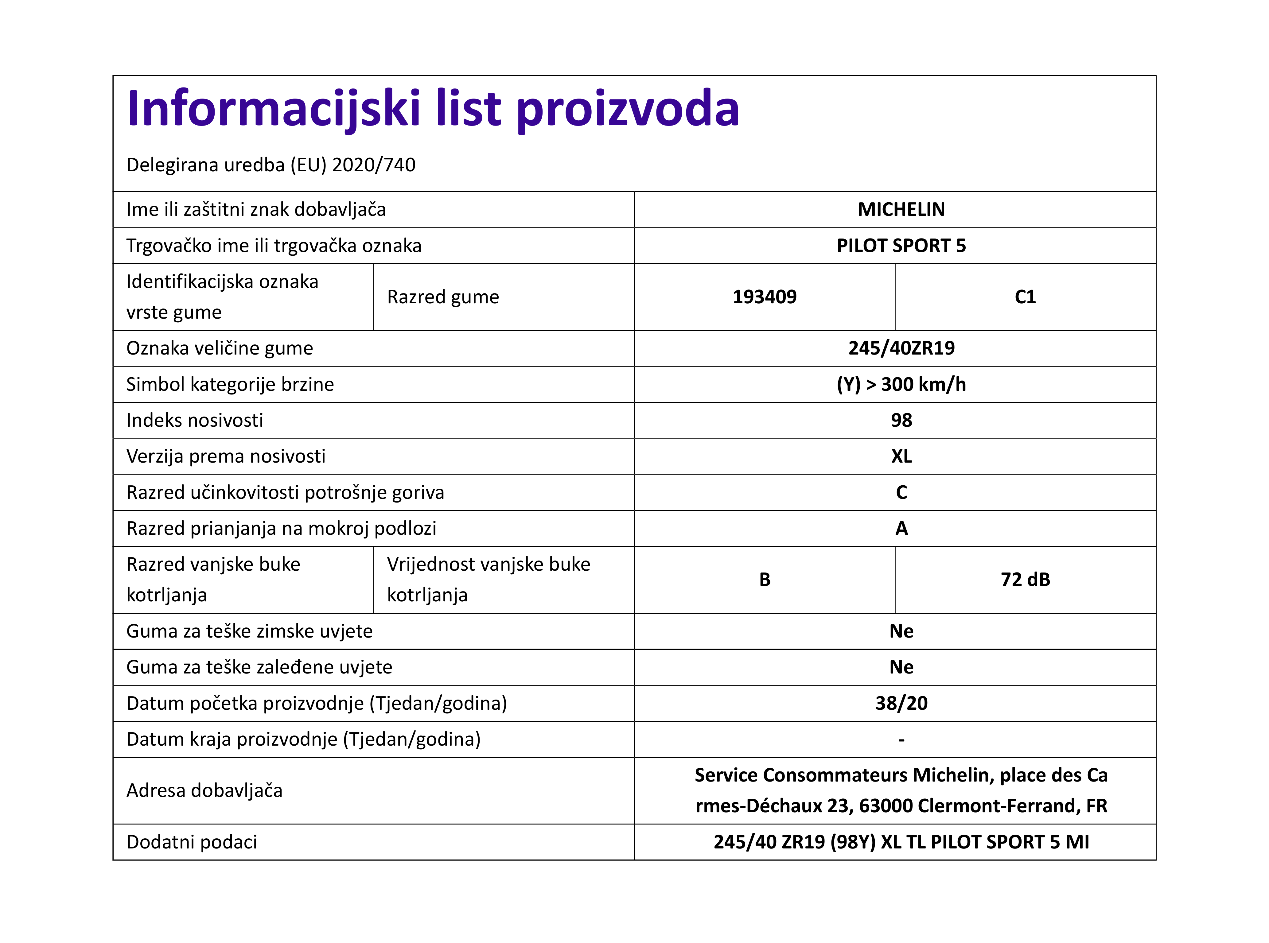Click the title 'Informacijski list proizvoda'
pyautogui.click(x=433, y=108)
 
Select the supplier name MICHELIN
pyautogui.click(x=901, y=209)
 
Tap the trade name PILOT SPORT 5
pyautogui.click(x=901, y=246)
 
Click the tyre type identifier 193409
pyautogui.click(x=764, y=297)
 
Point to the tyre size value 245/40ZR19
pyautogui.click(x=901, y=348)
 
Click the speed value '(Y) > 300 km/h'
pyautogui.click(x=901, y=384)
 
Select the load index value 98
pyautogui.click(x=901, y=420)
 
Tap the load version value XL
pyautogui.click(x=901, y=456)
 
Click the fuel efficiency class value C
pyautogui.click(x=901, y=492)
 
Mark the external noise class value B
pyautogui.click(x=764, y=579)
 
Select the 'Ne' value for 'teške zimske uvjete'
pyautogui.click(x=901, y=631)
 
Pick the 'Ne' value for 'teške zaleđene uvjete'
pyautogui.click(x=901, y=667)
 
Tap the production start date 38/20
pyautogui.click(x=901, y=703)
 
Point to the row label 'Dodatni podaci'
pyautogui.click(x=192, y=842)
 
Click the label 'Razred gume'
pyautogui.click(x=443, y=297)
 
